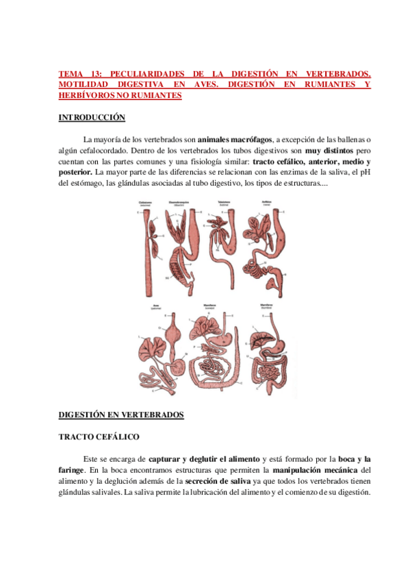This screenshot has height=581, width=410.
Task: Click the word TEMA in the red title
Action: click(70, 74)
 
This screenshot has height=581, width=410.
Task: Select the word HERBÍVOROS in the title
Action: click(84, 96)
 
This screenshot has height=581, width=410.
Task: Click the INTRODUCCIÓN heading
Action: click(91, 118)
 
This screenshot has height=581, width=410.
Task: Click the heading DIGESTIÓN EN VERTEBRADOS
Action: click(121, 415)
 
